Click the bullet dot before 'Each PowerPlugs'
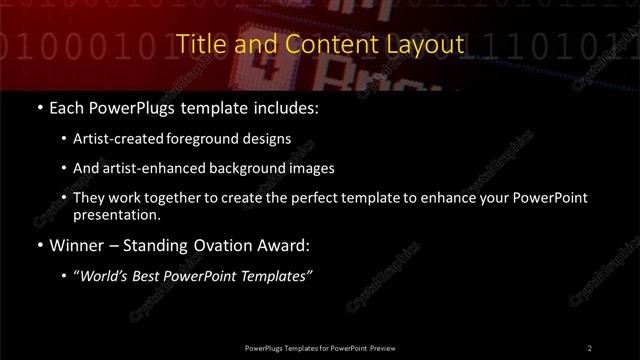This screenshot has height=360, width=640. click(39, 104)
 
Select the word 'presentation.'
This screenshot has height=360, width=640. click(117, 214)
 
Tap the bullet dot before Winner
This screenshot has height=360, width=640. click(39, 245)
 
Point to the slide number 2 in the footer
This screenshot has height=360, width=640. click(589, 347)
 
